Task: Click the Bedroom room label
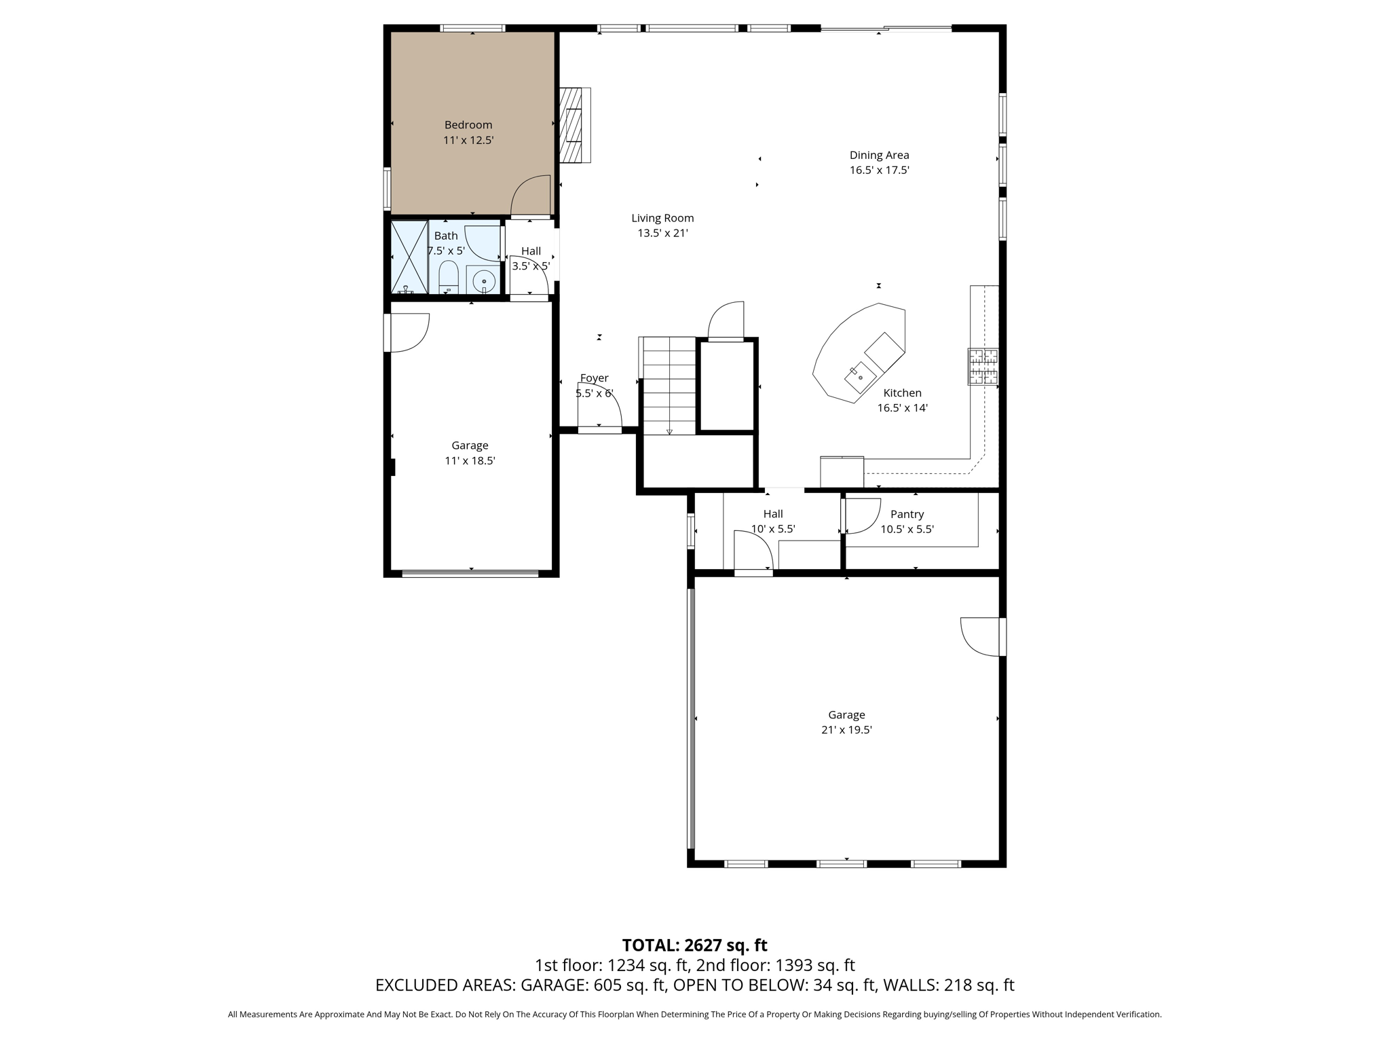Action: click(x=468, y=125)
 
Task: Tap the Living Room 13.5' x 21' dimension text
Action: click(x=662, y=234)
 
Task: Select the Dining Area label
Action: click(x=879, y=155)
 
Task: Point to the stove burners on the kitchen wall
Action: click(x=983, y=367)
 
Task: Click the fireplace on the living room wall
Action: click(x=574, y=125)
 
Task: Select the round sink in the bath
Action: click(x=484, y=280)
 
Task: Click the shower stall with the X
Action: click(x=409, y=257)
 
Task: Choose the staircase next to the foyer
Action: click(x=669, y=386)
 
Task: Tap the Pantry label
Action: click(x=907, y=515)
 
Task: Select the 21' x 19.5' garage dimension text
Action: click(x=846, y=731)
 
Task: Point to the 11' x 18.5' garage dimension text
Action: click(x=470, y=461)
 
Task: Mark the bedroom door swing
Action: click(x=531, y=197)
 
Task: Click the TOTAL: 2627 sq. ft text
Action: click(x=694, y=945)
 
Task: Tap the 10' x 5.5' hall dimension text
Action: click(x=773, y=530)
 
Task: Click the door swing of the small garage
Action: click(x=409, y=332)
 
